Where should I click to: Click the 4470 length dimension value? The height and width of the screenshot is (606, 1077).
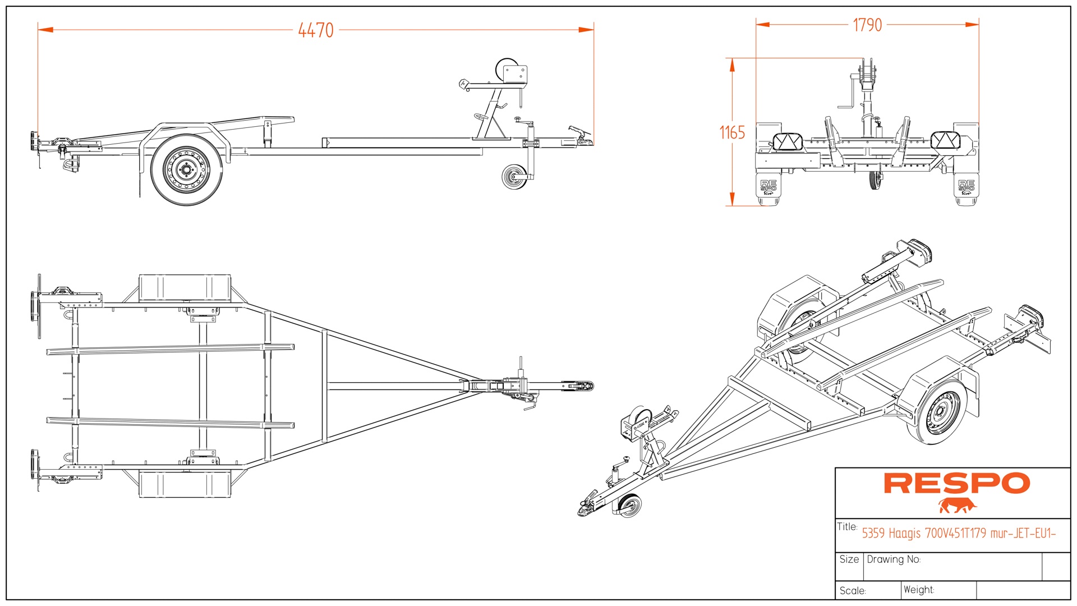316,30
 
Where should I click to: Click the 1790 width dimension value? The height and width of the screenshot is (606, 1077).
867,25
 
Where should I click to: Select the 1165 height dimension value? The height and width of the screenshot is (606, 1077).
732,133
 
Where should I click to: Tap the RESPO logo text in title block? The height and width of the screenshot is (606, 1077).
956,484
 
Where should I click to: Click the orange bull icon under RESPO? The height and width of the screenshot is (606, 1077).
957,506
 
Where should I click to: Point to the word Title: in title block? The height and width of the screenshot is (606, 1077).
847,527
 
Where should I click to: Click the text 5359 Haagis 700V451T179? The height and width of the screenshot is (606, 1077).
923,533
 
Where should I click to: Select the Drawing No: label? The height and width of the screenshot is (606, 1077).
894,559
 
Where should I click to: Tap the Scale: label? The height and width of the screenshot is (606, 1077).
853,591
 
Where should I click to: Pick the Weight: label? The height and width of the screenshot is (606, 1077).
919,590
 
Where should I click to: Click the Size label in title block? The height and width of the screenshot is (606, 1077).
849,559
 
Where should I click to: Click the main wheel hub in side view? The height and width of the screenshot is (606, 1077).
186,169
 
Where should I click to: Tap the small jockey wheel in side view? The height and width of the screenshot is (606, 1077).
514,177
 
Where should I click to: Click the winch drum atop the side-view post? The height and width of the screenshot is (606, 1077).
506,70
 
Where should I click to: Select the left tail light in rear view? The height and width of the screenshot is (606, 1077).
787,141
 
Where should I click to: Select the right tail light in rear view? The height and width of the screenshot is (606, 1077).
945,141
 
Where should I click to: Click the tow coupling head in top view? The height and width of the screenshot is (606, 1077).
583,386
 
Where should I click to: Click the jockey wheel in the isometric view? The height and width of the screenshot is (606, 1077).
629,505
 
